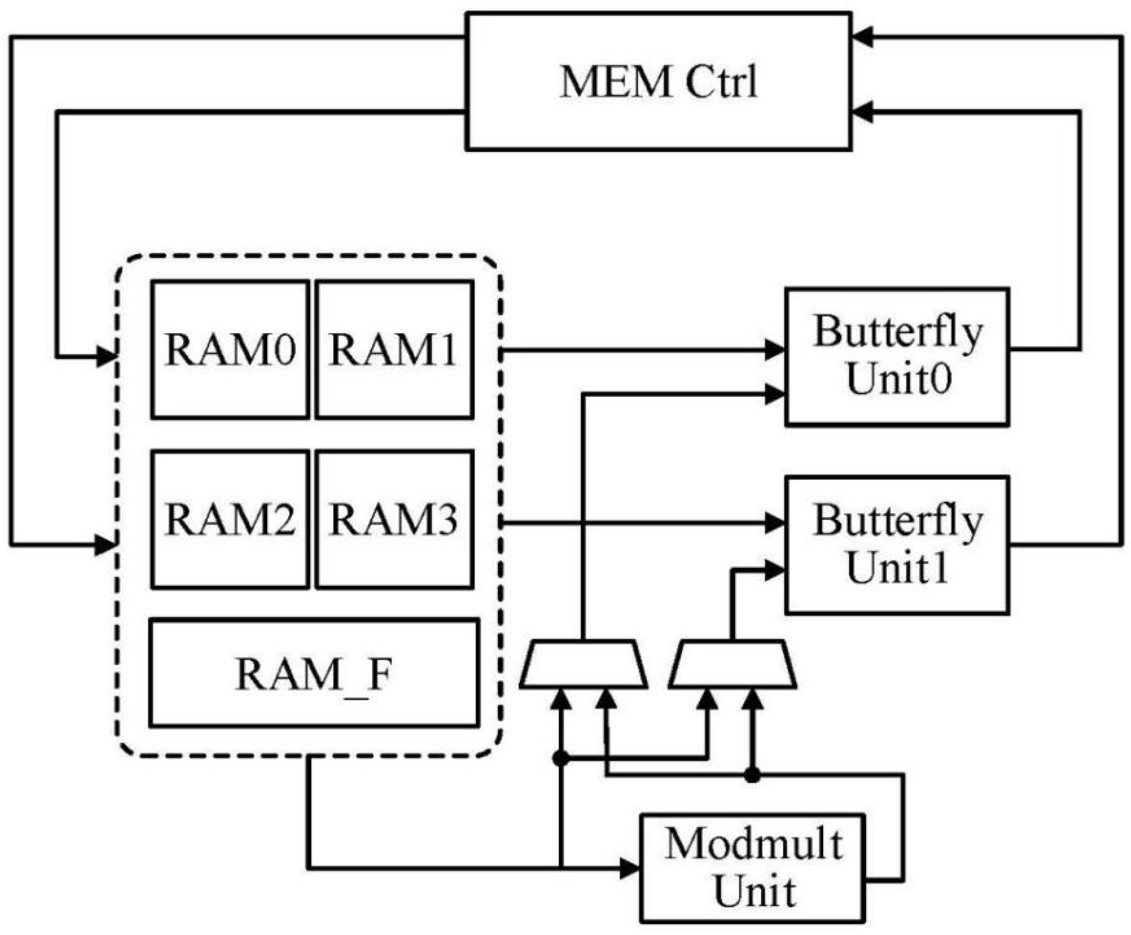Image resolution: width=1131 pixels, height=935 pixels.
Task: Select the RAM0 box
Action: [230, 350]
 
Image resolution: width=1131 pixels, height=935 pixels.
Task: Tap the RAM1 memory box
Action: [395, 350]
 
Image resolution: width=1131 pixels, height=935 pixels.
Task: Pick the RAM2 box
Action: [230, 520]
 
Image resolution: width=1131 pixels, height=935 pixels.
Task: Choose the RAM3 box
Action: [395, 520]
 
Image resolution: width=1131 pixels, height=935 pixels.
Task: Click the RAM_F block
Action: [314, 674]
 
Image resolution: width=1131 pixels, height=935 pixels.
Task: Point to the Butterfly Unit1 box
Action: [897, 545]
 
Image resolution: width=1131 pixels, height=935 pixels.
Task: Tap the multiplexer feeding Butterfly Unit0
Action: [583, 664]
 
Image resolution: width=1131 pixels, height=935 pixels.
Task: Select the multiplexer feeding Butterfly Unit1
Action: [732, 664]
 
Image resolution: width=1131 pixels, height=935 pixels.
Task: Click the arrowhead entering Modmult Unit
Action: [629, 868]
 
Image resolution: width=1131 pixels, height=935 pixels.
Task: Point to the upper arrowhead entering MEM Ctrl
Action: [863, 37]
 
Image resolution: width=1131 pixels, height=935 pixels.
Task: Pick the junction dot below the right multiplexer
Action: [752, 775]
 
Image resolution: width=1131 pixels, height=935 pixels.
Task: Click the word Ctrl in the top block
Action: [722, 82]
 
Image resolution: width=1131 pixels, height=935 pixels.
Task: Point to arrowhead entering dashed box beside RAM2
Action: [105, 545]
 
